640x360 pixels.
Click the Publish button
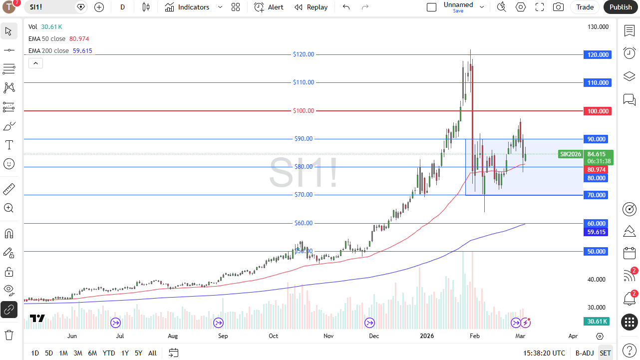[621, 7]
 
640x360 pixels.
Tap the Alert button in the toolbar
[269, 7]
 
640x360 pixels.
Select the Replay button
[311, 7]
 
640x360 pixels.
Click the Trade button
[585, 7]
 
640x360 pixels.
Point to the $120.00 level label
[304, 54]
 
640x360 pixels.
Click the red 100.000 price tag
[597, 111]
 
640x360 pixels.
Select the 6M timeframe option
[92, 353]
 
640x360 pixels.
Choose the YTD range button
[109, 353]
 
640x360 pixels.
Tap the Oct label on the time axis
[273, 336]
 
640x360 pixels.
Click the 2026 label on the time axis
[427, 336]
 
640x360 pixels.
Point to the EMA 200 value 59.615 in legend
[82, 51]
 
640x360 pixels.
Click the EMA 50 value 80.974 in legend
[79, 39]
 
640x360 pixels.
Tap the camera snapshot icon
[558, 7]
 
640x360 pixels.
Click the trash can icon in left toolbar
[8, 334]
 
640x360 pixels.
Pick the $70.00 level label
[304, 195]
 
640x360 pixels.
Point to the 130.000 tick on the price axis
[598, 27]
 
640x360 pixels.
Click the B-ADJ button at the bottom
[585, 353]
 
